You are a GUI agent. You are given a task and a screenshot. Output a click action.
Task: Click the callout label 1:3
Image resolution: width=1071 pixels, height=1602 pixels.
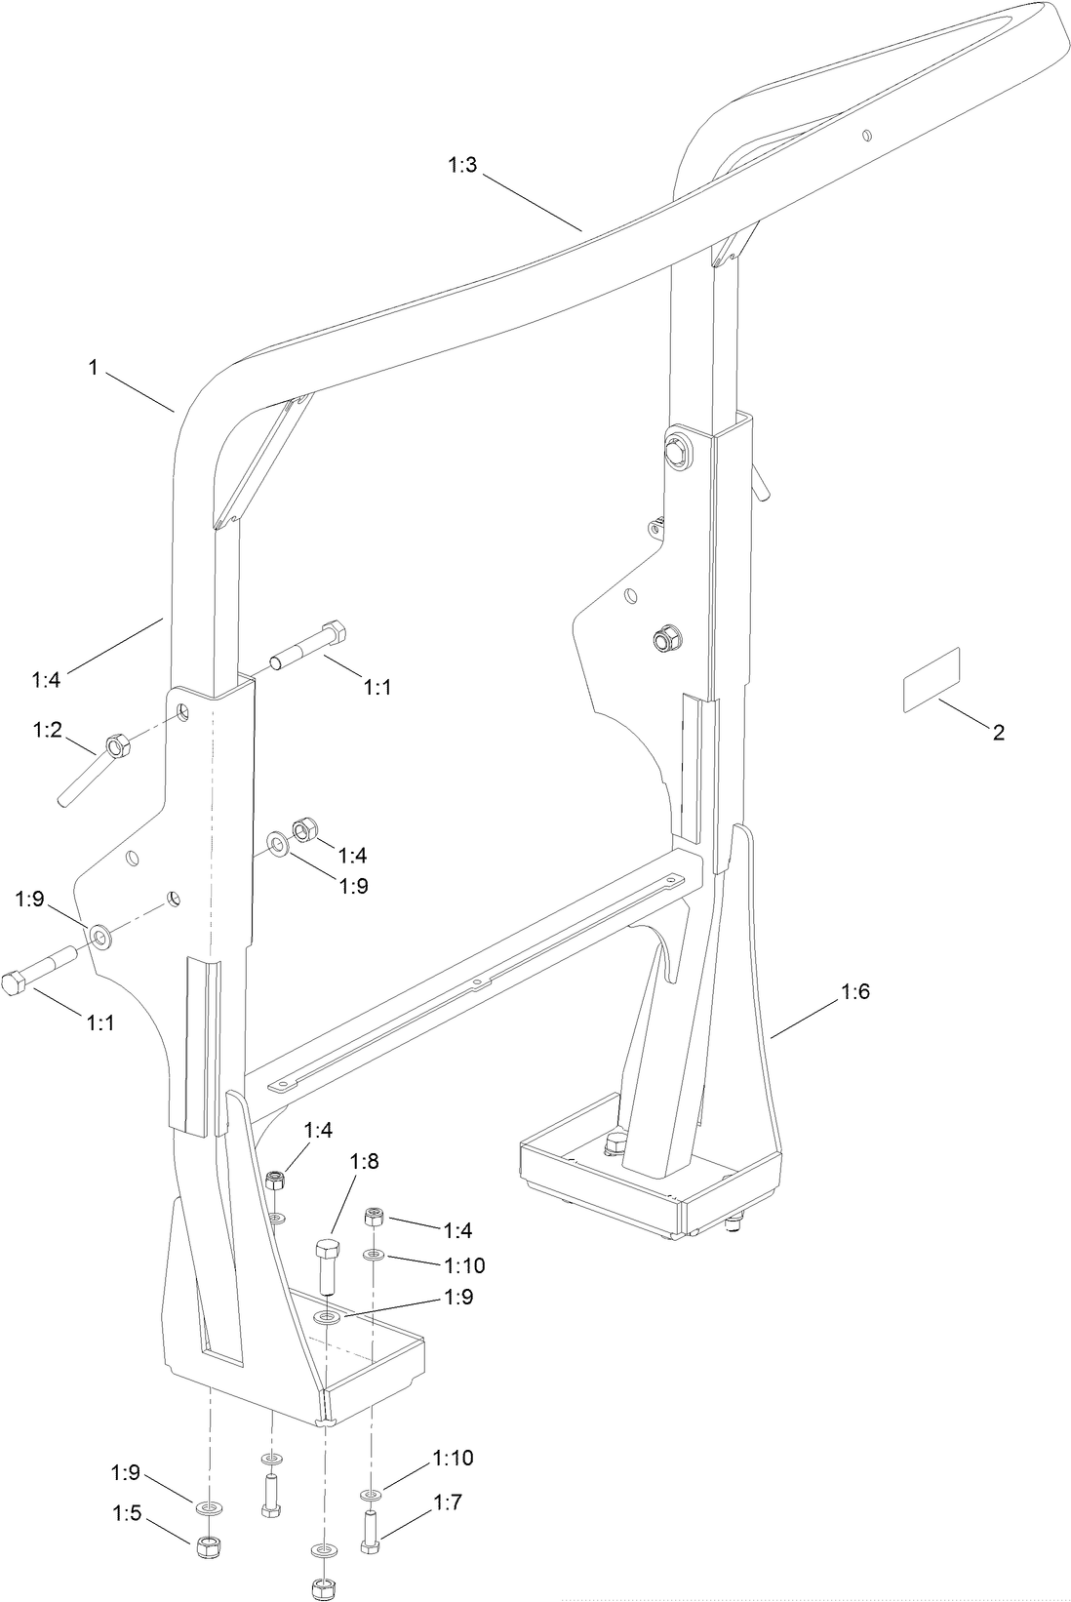click(462, 165)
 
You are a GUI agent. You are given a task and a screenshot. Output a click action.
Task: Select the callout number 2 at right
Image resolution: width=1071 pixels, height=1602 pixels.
click(998, 733)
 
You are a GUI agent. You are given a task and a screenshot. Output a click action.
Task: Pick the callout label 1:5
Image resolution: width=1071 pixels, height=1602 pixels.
click(127, 1513)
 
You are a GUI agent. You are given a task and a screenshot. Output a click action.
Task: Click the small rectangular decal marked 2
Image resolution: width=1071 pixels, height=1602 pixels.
click(931, 676)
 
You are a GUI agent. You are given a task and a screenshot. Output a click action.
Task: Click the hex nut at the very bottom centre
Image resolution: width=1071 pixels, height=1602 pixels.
click(321, 1587)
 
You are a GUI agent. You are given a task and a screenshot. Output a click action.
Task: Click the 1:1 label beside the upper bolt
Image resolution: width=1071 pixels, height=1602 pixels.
click(377, 687)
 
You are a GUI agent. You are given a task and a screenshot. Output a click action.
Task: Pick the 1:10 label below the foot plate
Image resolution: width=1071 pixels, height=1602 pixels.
click(454, 1458)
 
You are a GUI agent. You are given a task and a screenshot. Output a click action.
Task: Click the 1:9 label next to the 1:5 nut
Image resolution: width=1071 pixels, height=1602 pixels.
click(127, 1470)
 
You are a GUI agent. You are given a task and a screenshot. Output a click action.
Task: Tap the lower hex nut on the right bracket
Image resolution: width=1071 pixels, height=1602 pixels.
click(668, 640)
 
